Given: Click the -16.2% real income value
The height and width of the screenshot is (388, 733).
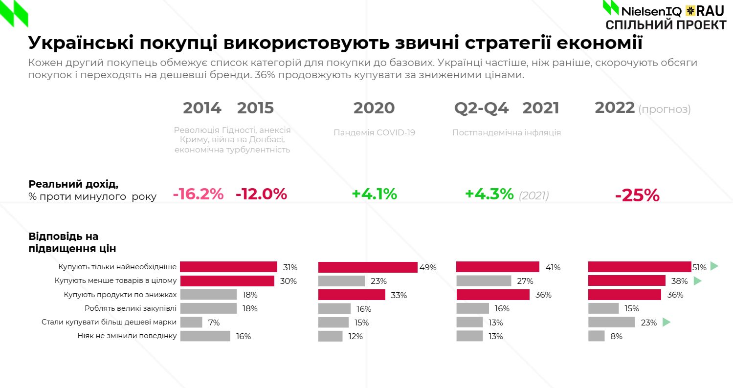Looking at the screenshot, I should tap(198, 194).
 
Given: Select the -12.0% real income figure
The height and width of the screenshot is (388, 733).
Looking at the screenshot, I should tap(261, 194).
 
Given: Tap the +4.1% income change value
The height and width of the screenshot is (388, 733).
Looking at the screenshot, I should tap(374, 194).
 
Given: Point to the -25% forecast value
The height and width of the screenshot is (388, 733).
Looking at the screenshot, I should tap(637, 195).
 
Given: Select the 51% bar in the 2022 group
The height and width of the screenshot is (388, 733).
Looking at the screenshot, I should tap(639, 267).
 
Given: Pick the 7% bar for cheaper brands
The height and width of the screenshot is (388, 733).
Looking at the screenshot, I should tap(191, 323).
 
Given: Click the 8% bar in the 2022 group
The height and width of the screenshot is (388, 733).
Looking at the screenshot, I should tap(596, 336).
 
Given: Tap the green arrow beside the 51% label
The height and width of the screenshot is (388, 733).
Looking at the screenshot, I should tap(714, 266).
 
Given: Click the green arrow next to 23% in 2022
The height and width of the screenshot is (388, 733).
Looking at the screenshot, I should tap(666, 322).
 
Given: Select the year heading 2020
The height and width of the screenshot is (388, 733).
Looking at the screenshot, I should tap(374, 108).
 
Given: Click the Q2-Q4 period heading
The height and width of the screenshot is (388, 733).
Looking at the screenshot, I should tap(482, 108).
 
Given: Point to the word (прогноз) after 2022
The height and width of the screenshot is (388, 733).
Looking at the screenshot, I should tap(664, 109).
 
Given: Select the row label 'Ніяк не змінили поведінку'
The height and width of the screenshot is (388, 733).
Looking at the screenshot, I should tap(127, 336).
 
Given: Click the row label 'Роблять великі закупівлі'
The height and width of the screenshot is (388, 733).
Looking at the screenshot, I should tap(131, 308).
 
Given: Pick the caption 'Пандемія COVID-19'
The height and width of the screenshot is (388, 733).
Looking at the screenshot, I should tap(375, 132).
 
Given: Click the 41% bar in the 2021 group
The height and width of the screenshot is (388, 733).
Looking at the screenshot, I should tap(498, 267).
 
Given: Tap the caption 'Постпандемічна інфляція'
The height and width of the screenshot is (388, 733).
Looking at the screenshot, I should tap(507, 132).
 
